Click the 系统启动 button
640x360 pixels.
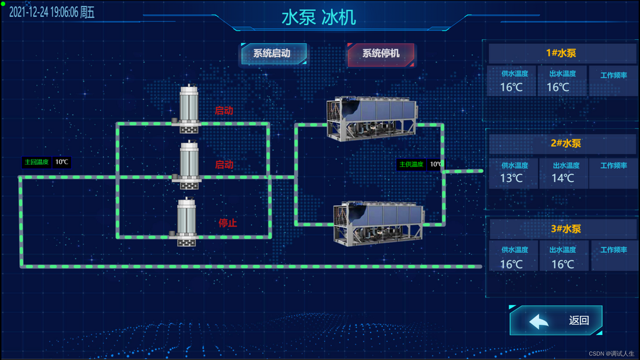pos(273,54)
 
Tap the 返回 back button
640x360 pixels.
pos(556,320)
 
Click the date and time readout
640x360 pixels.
pos(52,12)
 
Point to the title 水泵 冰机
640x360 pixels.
pos(318,17)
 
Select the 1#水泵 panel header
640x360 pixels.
pos(561,53)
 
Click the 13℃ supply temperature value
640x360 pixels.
pos(511,178)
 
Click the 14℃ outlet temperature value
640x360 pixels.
pos(562,178)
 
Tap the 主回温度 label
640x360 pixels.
pos(36,162)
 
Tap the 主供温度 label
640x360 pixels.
pos(412,164)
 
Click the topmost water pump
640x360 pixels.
pos(188,109)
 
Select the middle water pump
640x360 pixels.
pos(188,165)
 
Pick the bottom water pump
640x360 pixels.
pos(187,222)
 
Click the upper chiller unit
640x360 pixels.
pos(371,119)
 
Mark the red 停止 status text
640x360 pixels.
pos(227,223)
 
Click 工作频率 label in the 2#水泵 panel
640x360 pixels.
pos(613,165)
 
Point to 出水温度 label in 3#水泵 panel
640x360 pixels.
pos(562,250)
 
